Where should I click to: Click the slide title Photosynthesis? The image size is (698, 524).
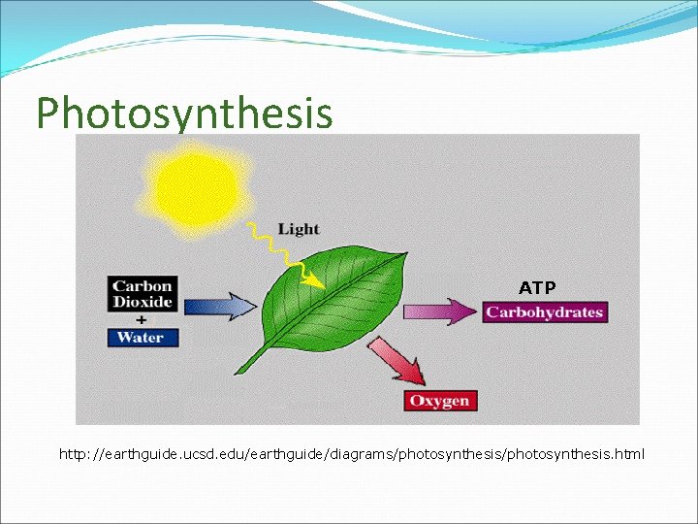coord(184,113)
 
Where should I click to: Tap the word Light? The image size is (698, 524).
coord(298,229)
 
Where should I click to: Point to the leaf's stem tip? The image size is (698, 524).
coord(239,372)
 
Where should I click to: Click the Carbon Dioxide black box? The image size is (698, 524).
coord(143,293)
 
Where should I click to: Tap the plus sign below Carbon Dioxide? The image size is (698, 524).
coord(142,319)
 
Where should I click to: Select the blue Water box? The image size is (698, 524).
coord(141,338)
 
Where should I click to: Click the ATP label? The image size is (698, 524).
coord(537,288)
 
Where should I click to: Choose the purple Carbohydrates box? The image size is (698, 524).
coord(545,311)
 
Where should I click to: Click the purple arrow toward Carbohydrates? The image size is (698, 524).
coord(441,311)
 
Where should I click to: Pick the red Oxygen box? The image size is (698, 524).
coord(439,401)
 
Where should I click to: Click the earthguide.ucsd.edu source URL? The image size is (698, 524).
coord(351,454)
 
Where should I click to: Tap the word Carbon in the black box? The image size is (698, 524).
coord(143,285)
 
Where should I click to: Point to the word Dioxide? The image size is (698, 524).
coord(143,302)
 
